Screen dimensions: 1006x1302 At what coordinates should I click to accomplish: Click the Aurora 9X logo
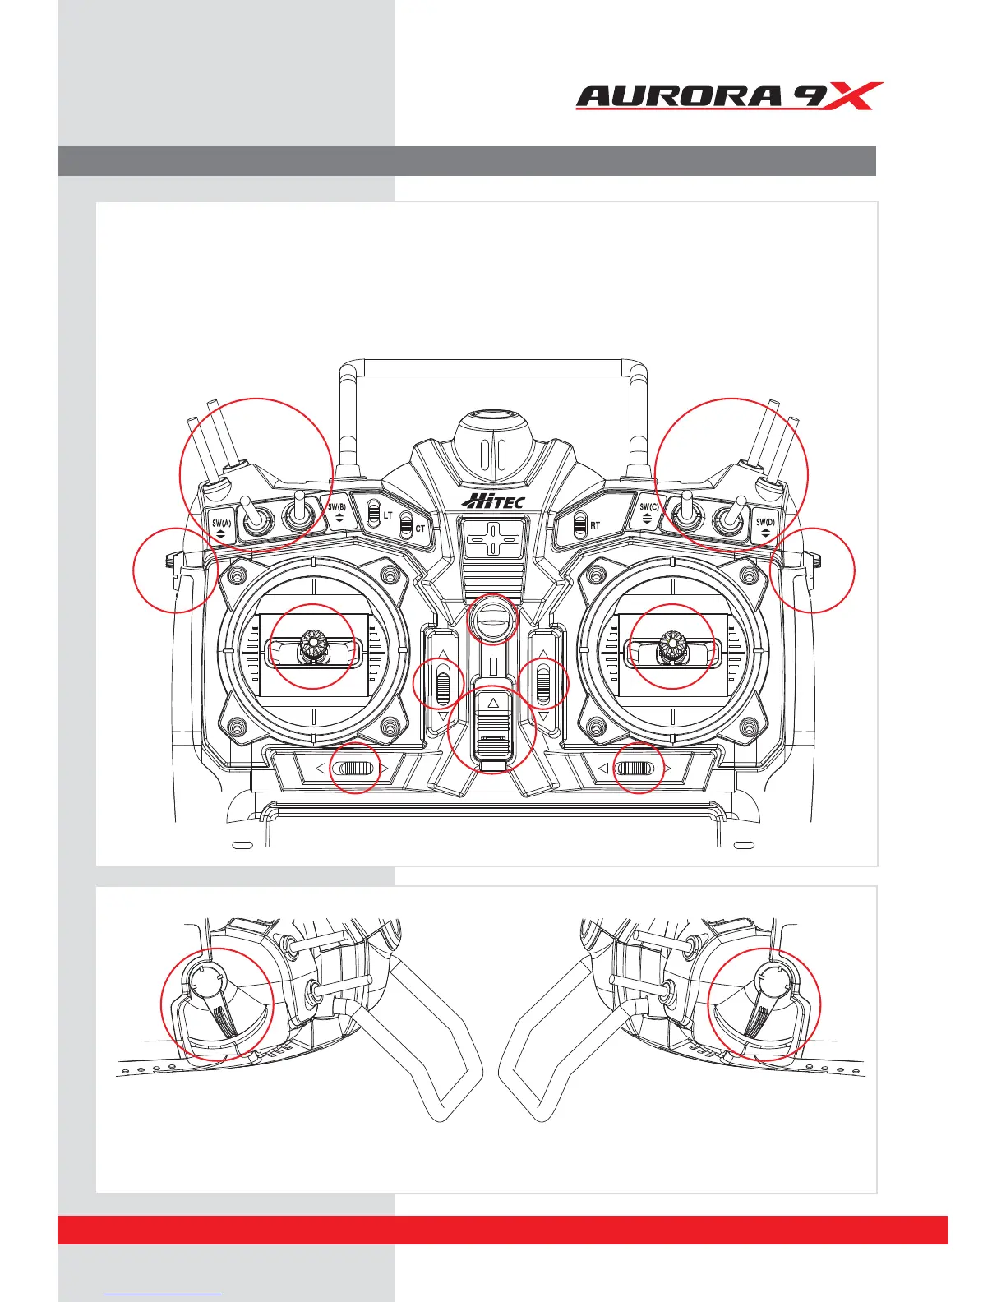729,96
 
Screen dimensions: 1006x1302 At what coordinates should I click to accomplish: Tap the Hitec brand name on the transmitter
493,501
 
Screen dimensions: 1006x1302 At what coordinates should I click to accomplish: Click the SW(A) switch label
221,524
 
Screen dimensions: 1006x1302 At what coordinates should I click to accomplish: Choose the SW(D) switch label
765,524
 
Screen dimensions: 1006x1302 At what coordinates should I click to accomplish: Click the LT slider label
387,515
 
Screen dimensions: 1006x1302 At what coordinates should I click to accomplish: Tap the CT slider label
420,529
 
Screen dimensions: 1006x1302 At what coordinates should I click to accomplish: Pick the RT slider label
595,525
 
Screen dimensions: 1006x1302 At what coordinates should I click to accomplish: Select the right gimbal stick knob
672,645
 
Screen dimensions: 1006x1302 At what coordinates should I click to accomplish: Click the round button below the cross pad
492,618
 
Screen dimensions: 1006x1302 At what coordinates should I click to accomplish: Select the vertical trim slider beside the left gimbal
443,684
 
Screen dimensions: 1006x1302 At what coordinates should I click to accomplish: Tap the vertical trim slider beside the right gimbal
543,684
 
